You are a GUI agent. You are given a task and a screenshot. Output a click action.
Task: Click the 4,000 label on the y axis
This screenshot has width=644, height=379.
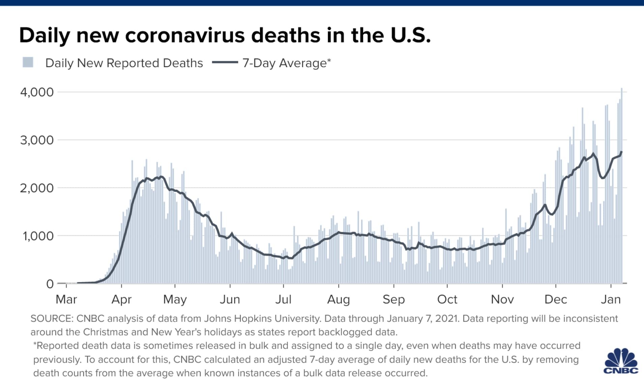point(37,92)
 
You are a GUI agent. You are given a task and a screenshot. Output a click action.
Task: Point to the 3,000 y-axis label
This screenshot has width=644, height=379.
point(37,140)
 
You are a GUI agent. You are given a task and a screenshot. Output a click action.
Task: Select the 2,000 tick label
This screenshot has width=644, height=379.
point(37,188)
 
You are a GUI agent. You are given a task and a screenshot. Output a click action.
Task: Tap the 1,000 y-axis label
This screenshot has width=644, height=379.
point(38,236)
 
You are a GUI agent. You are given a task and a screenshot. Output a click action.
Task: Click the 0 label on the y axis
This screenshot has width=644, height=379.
point(50,284)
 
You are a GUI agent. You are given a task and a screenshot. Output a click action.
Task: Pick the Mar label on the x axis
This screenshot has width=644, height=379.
point(66,299)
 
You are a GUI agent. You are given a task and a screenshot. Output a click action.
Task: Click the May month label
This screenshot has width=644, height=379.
point(175,299)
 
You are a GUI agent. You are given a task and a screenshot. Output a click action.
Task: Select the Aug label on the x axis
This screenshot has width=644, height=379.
point(339,299)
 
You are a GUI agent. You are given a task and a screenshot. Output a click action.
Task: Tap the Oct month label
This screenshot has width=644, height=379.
point(447,299)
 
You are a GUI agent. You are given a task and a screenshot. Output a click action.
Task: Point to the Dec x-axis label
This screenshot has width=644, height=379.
point(556,299)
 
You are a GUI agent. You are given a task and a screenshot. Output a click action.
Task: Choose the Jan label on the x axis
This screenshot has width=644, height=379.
point(611,299)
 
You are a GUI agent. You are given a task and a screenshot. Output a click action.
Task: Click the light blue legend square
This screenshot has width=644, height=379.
point(28,62)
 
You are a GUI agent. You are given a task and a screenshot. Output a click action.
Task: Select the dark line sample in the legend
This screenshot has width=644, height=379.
point(225,62)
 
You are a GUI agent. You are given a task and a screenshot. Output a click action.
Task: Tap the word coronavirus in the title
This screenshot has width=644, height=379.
point(185,35)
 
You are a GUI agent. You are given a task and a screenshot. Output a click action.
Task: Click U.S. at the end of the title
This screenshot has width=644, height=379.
point(410,35)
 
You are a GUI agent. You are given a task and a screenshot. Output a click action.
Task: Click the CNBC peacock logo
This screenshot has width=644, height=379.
point(621,361)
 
